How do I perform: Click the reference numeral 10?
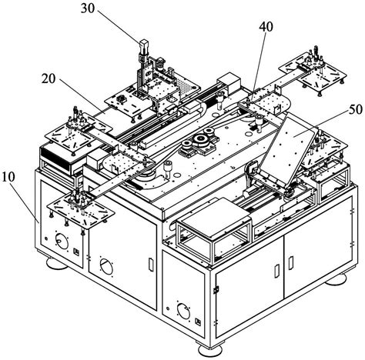(x=8, y=177)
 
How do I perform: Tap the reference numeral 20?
(x=49, y=78)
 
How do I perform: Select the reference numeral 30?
(x=88, y=8)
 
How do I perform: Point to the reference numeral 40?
(x=266, y=27)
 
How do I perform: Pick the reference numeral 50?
(x=355, y=109)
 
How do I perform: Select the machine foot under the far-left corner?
(x=57, y=263)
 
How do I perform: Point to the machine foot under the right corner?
(x=337, y=278)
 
